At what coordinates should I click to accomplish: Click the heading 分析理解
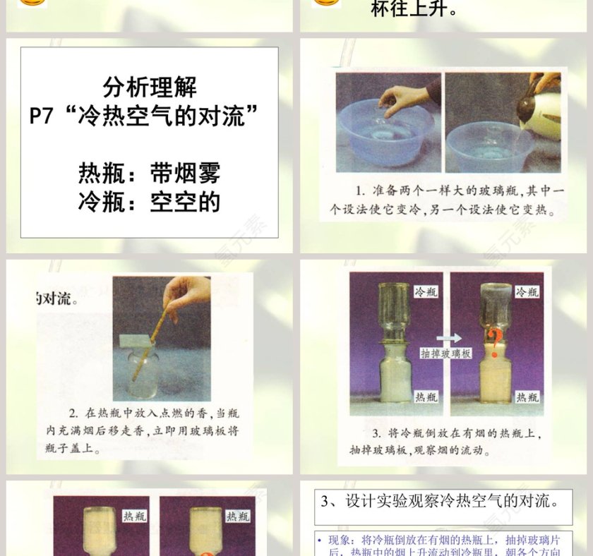(x=149, y=87)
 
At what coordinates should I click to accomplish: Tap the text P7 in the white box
(x=42, y=115)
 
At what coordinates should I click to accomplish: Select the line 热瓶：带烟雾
(x=149, y=173)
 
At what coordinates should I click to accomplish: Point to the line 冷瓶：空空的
(x=149, y=202)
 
